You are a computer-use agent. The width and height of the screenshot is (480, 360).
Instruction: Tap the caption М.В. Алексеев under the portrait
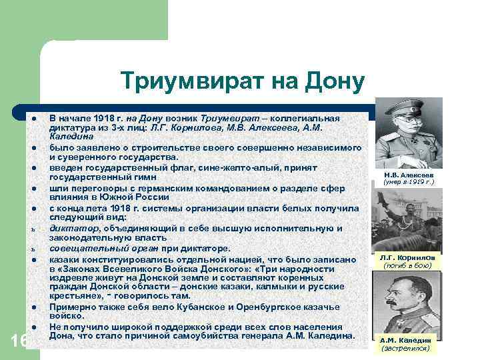coord(408,174)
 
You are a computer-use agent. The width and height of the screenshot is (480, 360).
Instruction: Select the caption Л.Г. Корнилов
coord(408,258)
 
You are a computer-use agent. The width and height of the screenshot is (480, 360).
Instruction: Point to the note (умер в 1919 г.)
coord(408,181)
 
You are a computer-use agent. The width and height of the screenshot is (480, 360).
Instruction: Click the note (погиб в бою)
coord(408,265)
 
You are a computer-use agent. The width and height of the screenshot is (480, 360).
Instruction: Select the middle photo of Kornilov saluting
coord(408,220)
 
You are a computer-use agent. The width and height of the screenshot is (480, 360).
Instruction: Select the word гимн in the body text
coord(145,177)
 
